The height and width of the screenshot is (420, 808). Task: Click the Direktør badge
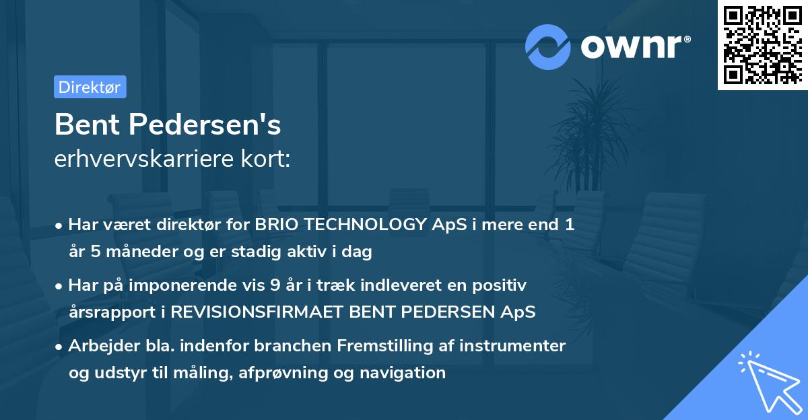click(90, 87)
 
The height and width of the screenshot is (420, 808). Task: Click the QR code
click(762, 45)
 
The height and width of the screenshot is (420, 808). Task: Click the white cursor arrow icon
click(768, 383)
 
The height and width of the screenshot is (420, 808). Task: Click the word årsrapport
click(110, 312)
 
